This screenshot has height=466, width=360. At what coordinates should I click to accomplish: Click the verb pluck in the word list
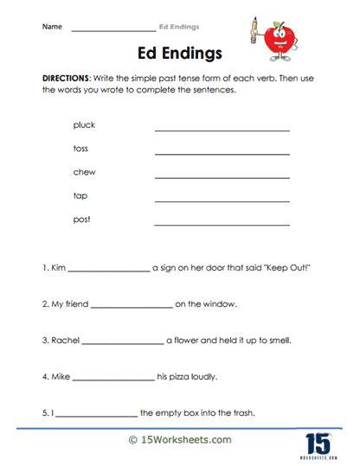click(x=84, y=125)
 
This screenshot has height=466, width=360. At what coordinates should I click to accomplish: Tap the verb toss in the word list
click(x=80, y=149)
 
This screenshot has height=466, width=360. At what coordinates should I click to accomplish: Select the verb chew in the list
click(x=82, y=172)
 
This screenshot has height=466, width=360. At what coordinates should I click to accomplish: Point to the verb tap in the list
click(x=80, y=196)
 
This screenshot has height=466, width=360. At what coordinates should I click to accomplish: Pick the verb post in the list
click(x=81, y=220)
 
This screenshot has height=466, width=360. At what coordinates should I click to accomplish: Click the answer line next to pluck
click(x=222, y=130)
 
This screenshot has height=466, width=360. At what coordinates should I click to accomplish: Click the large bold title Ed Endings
click(x=179, y=53)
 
